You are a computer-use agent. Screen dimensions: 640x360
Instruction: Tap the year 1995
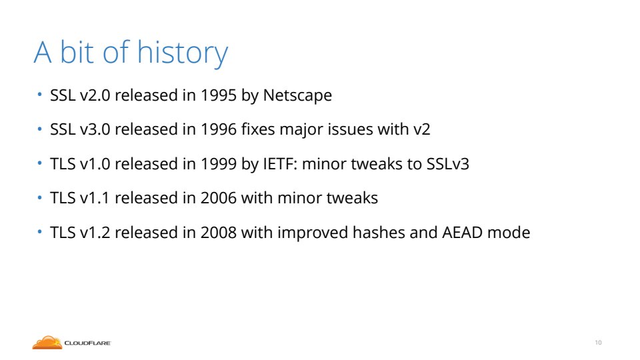coord(219,95)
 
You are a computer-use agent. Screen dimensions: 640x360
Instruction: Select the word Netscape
coord(297,96)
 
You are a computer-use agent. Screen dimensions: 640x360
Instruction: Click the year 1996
coord(219,129)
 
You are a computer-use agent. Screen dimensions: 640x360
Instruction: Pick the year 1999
coord(219,164)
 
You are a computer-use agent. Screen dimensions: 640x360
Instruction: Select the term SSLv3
coord(448,164)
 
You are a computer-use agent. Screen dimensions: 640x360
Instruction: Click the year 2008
coord(219,233)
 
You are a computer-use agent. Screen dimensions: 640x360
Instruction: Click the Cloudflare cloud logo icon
coord(47,343)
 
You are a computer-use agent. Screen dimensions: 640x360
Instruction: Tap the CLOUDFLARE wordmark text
coord(88,343)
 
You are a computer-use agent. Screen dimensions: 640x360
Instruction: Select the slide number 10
coord(598,343)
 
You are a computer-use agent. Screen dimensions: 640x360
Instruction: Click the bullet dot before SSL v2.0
coord(39,95)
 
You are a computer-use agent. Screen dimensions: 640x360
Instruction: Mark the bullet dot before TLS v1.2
coord(39,232)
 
